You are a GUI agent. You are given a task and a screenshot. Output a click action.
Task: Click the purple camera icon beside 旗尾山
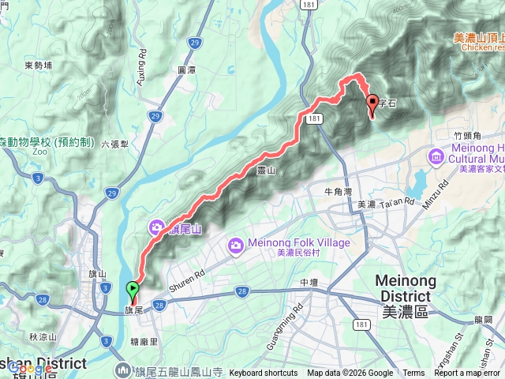[157, 229]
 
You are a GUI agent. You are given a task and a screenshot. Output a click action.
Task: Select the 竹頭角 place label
[468, 136]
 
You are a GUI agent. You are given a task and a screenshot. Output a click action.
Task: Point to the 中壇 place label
[309, 282]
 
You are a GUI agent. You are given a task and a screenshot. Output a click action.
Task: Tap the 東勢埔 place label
[38, 66]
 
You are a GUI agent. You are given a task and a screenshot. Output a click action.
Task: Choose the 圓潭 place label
[186, 69]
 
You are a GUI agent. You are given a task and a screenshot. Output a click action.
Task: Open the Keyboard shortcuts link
[264, 373]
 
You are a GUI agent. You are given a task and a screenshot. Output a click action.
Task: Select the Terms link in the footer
[413, 373]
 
